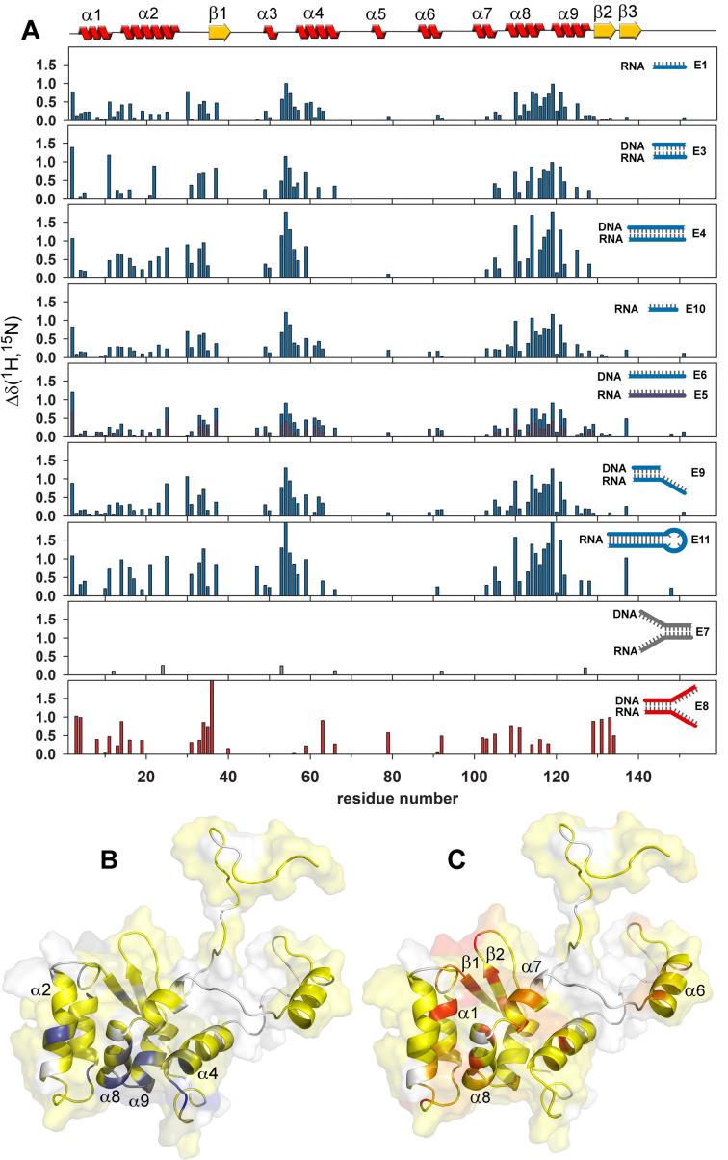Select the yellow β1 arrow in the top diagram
220,33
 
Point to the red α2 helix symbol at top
149,33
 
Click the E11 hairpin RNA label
700,542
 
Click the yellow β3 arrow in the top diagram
630,33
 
